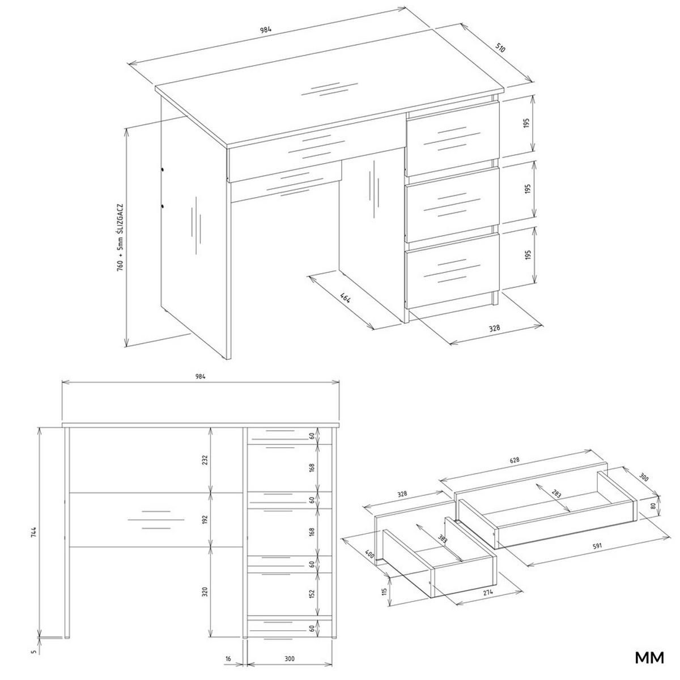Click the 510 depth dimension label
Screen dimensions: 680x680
tap(500, 48)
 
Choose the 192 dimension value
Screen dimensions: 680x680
tap(205, 518)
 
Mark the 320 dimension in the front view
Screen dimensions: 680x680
tap(205, 592)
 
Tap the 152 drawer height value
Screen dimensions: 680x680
tap(313, 593)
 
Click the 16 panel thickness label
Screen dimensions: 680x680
tap(228, 659)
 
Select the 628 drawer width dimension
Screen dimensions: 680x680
tap(515, 460)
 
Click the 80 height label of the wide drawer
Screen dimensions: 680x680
tap(654, 507)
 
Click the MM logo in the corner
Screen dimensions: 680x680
tap(649, 657)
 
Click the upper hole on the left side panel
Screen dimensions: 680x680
tap(162, 169)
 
